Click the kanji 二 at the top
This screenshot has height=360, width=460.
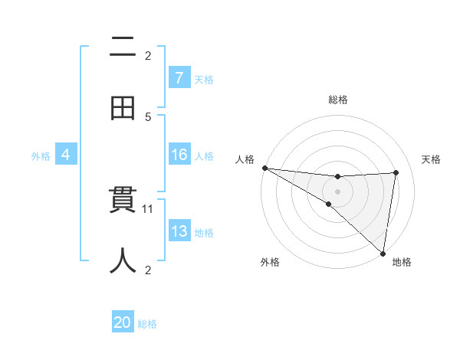(123, 47)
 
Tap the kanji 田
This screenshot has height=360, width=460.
(123, 109)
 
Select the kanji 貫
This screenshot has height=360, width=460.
(123, 202)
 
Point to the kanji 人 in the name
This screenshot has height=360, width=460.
(123, 260)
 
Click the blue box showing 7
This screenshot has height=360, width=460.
(179, 78)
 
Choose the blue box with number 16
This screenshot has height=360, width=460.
(179, 155)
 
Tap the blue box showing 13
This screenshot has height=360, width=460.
(179, 231)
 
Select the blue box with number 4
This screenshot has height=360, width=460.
(65, 155)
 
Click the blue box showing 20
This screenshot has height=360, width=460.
(123, 323)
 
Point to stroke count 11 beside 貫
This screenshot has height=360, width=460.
(149, 208)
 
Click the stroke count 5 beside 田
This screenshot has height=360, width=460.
(148, 117)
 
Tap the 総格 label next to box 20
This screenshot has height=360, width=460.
(147, 324)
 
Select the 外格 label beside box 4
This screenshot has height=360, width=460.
(41, 156)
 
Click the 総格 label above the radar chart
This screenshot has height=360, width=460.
(337, 100)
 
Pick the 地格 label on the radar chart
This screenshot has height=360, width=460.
(402, 263)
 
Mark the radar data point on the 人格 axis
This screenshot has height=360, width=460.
(264, 168)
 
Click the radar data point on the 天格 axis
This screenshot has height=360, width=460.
(396, 172)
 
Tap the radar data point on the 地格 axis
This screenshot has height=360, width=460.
(383, 253)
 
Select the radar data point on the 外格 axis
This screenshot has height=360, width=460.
(328, 204)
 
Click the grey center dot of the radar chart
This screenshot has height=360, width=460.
(337, 191)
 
